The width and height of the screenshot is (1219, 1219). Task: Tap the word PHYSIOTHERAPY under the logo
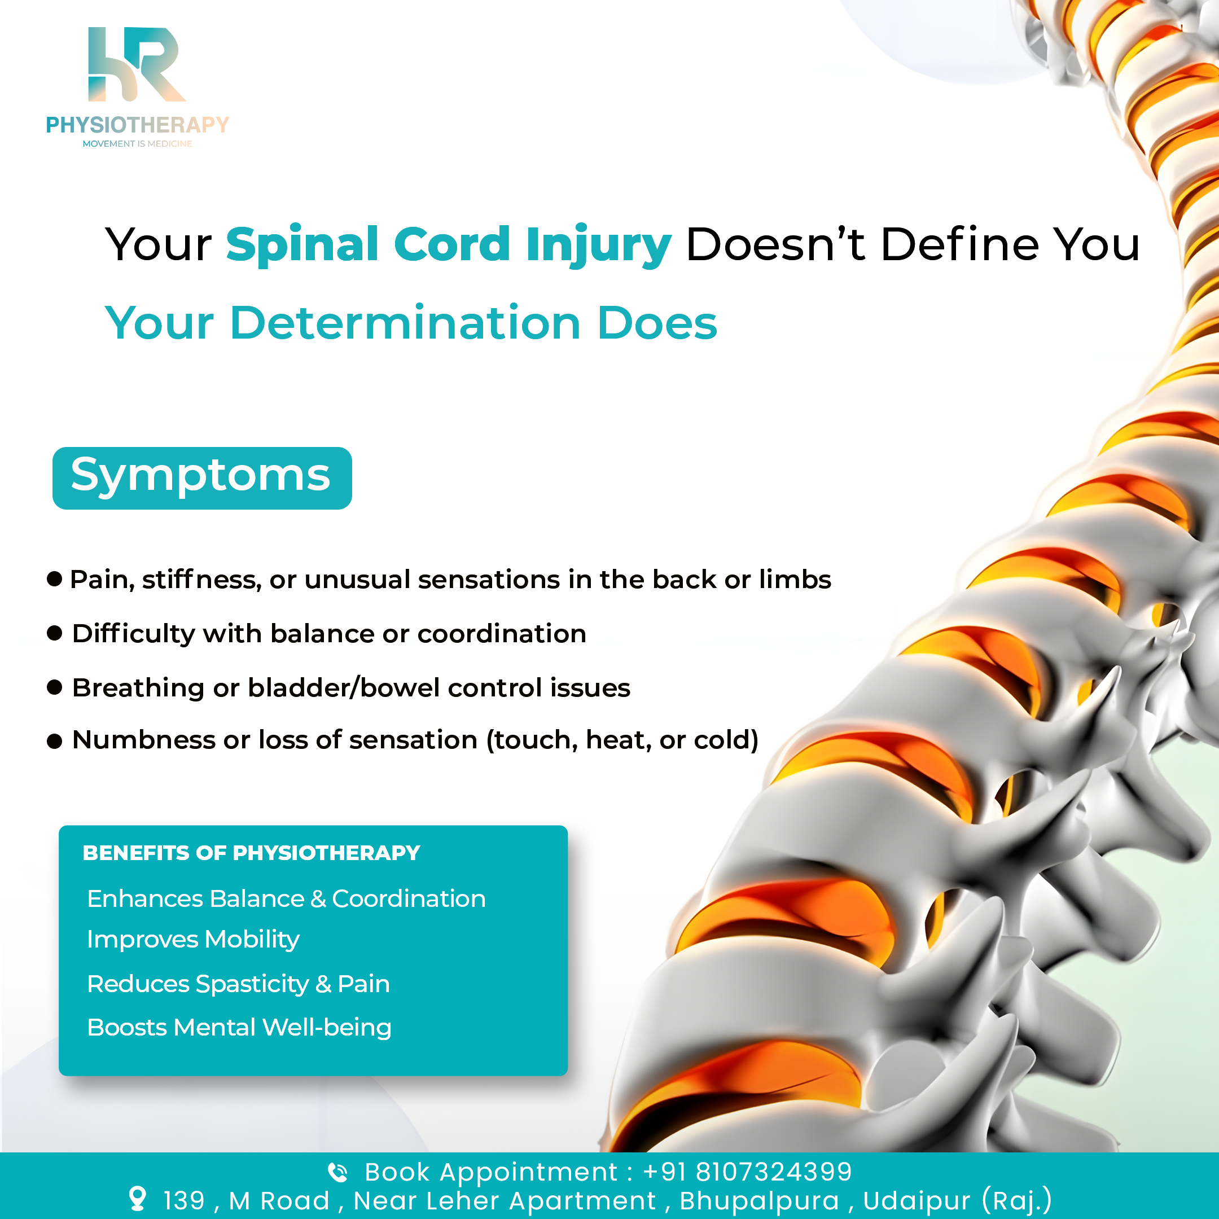(x=138, y=125)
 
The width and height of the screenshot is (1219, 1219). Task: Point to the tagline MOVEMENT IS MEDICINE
(x=138, y=144)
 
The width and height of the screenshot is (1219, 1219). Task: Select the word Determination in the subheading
(x=405, y=322)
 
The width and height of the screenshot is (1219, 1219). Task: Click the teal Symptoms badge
(x=202, y=477)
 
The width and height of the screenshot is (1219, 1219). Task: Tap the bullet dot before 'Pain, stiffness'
(x=55, y=578)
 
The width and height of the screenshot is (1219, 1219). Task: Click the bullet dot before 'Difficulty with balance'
(x=55, y=632)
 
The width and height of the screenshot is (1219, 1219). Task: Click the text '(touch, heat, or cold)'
(x=622, y=740)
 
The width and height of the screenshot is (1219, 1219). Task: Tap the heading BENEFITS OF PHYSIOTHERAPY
(x=251, y=853)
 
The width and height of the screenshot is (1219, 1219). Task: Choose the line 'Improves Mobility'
(x=193, y=940)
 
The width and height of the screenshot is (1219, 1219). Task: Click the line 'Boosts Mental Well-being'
(x=239, y=1028)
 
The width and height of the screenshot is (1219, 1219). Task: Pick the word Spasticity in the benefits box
(x=252, y=984)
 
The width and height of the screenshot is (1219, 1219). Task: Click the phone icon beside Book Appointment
(x=338, y=1172)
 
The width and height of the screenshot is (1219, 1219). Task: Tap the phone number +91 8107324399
(x=747, y=1172)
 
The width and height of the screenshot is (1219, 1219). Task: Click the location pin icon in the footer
(x=137, y=1199)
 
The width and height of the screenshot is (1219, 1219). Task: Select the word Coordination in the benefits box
(x=409, y=898)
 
